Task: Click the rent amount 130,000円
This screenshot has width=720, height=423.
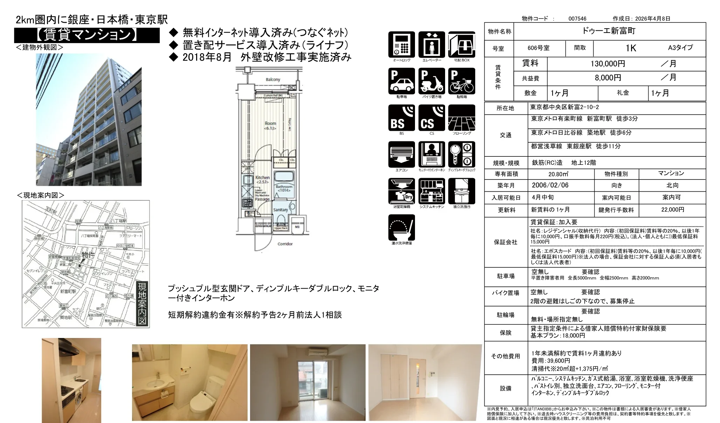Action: coord(608,64)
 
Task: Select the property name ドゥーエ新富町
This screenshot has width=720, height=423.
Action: coord(609,31)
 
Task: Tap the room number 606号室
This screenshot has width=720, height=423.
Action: coord(538,48)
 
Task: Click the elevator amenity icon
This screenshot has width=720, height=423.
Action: coord(431,45)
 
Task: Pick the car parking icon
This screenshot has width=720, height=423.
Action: coord(401,81)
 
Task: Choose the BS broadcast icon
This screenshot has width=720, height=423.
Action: coord(401,118)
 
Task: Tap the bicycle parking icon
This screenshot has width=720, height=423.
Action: coord(462,81)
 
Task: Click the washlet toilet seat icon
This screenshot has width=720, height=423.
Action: coord(401,228)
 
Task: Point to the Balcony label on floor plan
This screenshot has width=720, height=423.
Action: coord(273,79)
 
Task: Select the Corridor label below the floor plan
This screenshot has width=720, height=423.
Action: coord(285,244)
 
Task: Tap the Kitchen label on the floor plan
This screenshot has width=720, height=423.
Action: coord(262,178)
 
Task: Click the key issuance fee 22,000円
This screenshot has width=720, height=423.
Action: coord(672,210)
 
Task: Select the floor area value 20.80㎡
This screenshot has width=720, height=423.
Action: coord(558,174)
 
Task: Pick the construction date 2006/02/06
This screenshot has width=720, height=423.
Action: coord(550,185)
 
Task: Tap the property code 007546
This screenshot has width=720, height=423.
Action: coord(577,19)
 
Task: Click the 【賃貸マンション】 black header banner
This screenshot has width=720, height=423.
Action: coord(87,35)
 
